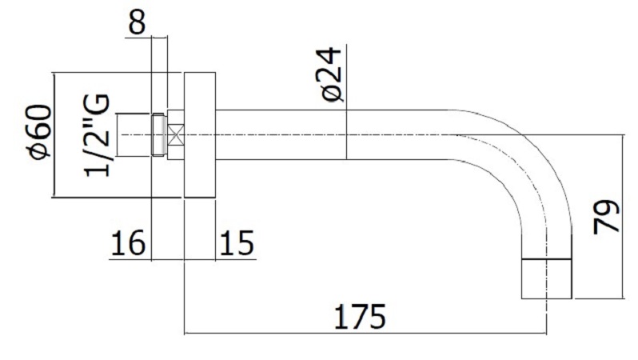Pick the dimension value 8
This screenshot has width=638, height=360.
(x=137, y=22)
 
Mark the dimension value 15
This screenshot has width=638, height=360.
(x=235, y=242)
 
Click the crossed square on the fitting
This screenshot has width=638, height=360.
(x=176, y=134)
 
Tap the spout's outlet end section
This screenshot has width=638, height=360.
(x=547, y=279)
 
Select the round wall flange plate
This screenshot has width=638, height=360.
(x=200, y=134)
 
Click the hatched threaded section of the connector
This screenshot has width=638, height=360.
(x=160, y=134)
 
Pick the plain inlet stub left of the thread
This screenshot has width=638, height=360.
(x=134, y=134)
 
